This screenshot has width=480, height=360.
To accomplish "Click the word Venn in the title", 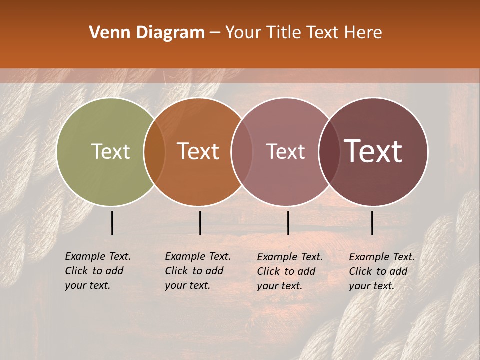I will pyautogui.click(x=104, y=33).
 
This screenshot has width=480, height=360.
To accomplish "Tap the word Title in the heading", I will pyautogui.click(x=284, y=33).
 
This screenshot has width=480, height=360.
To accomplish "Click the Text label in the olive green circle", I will pyautogui.click(x=110, y=151).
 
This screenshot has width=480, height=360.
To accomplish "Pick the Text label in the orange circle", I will pyautogui.click(x=198, y=151).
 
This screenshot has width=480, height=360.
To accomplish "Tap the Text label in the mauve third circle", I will pyautogui.click(x=286, y=152).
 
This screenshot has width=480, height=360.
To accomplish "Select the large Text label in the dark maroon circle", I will pyautogui.click(x=373, y=151).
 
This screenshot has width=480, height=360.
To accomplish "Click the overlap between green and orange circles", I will pyautogui.click(x=154, y=152).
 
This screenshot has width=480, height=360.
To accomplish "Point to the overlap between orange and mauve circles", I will pyautogui.click(x=241, y=152).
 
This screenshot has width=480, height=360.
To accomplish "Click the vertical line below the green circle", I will pyautogui.click(x=112, y=223).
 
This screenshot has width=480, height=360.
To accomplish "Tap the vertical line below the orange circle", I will pyautogui.click(x=200, y=223).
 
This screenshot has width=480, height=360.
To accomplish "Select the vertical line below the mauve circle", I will pyautogui.click(x=288, y=223).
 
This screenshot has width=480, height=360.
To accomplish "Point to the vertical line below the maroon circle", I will pyautogui.click(x=372, y=223).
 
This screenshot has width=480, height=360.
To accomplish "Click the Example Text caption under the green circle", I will pyautogui.click(x=98, y=271).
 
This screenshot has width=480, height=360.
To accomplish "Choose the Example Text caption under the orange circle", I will pyautogui.click(x=198, y=271).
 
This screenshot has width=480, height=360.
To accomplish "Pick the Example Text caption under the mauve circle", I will pyautogui.click(x=290, y=271).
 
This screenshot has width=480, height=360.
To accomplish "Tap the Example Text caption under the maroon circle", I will pyautogui.click(x=382, y=271).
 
